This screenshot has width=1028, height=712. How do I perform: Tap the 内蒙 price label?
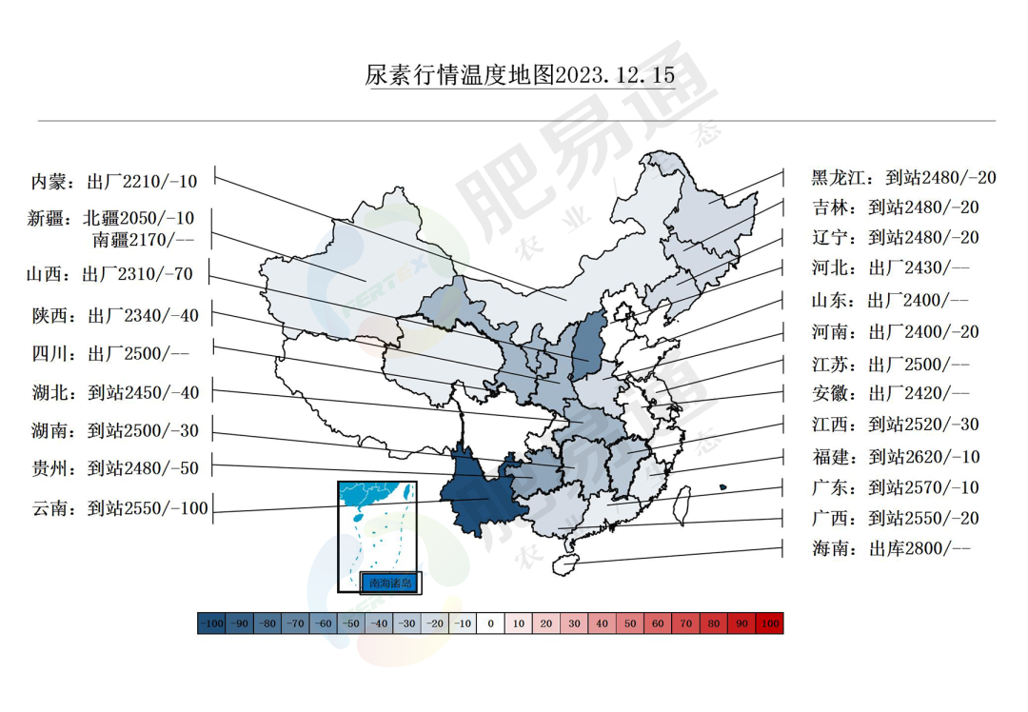coord(113,181)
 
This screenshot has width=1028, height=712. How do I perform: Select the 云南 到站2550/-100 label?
coord(119,508)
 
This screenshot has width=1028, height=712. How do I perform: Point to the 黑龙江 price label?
coord(903,177)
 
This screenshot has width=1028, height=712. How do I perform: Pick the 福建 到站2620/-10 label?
coord(895,457)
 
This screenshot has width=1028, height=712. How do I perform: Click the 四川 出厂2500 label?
coord(110,354)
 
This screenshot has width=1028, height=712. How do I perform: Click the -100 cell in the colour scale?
coord(211,623)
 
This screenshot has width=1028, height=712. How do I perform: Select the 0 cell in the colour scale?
coord(490,623)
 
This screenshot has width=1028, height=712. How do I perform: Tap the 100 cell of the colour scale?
coord(769,623)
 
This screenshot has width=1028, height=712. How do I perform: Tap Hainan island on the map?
coord(565,563)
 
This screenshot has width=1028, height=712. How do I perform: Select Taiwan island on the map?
coord(682,502)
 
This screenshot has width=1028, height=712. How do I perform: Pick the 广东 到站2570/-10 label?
coord(895,488)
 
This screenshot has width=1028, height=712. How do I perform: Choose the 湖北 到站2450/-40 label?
coord(115,392)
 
